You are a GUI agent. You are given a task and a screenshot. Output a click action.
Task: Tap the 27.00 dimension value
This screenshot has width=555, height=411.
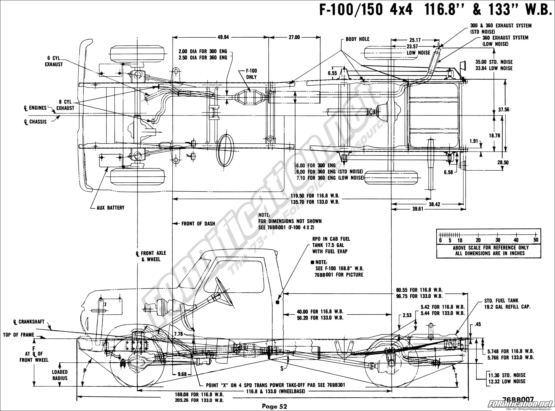294,37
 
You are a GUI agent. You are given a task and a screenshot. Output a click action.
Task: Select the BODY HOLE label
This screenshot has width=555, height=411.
358,39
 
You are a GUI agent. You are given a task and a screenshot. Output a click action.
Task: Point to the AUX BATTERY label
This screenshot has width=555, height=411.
111,208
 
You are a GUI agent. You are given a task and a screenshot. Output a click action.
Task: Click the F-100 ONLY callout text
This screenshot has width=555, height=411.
251,74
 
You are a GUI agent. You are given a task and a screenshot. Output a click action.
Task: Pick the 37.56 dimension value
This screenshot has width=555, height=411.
503,109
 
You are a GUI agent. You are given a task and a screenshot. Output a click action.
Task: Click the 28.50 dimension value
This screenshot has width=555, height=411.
503,162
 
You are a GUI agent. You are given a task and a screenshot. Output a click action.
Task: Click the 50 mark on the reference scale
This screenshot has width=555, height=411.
536,240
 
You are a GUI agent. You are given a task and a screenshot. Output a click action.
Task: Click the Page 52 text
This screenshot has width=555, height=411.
275,406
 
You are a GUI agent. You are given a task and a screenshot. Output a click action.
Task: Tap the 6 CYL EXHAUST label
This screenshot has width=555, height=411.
54,61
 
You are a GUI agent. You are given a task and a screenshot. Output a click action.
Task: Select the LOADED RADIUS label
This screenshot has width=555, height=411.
60,375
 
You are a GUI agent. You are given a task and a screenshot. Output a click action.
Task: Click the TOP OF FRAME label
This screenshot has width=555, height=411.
18,335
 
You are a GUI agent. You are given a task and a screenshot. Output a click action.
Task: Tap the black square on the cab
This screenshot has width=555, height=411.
277,302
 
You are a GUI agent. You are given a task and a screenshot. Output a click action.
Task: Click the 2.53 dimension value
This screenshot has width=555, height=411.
407,315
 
